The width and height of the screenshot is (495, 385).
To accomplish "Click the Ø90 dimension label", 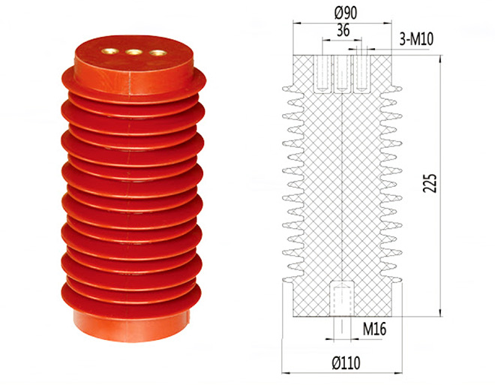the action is pos(345,13).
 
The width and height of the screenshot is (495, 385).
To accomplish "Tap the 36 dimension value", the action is pos(343,30).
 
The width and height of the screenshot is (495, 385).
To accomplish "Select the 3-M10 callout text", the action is pos(416,39).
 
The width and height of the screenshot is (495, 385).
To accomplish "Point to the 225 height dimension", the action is pos(430,183).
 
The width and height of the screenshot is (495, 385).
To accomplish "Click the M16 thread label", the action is pos(374,329).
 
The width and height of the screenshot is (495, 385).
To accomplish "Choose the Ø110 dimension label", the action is pos(346,363).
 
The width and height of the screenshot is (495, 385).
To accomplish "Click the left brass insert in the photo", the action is pos(109,51).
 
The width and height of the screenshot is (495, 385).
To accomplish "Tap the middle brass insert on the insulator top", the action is pos(133,52).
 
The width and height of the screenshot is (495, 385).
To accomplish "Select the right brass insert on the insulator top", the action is pos(157,53).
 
